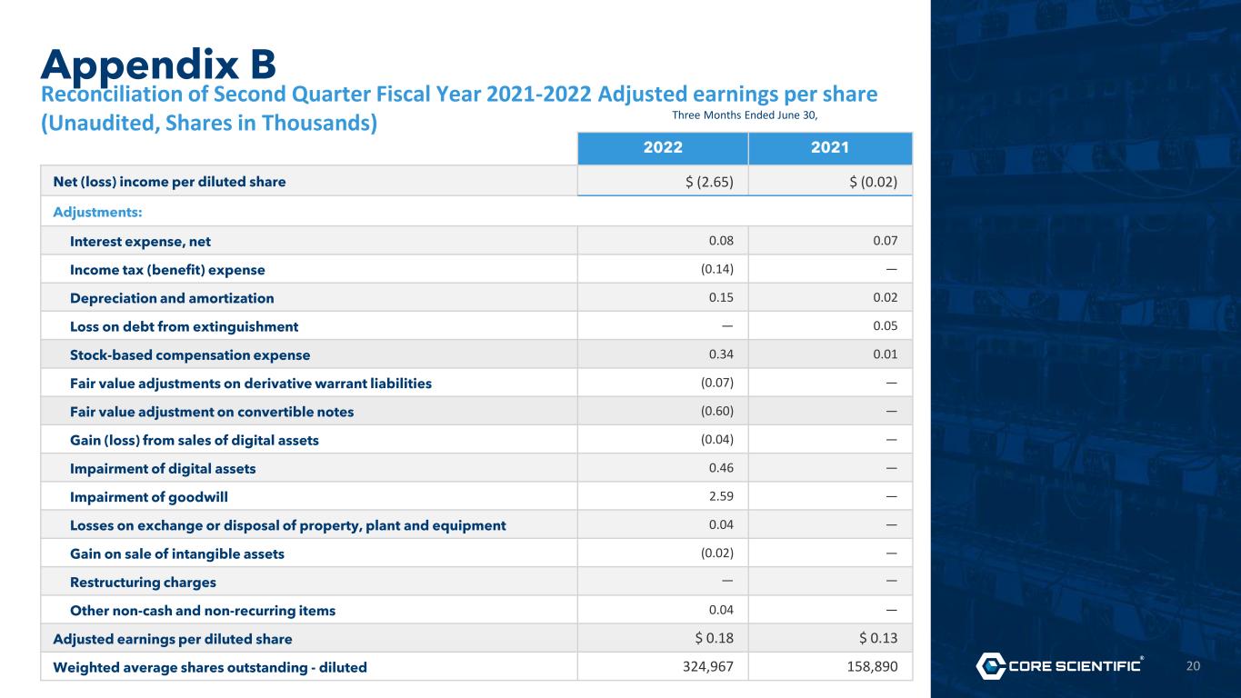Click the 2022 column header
tap(663, 147)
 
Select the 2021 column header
tap(830, 147)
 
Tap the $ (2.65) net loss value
tap(709, 182)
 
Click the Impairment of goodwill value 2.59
tap(721, 496)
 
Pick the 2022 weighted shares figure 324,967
tap(708, 666)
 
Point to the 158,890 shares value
tap(872, 666)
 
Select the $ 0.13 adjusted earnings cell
tap(878, 638)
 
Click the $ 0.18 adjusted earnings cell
tap(714, 638)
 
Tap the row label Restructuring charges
tap(143, 583)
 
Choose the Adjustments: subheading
tap(97, 212)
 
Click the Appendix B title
tap(158, 65)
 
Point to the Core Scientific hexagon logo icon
tap(991, 665)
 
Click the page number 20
tap(1193, 666)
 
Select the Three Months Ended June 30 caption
tap(745, 115)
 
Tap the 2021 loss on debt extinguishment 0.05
tap(886, 325)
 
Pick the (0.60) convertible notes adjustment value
tap(717, 411)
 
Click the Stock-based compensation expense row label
tap(190, 355)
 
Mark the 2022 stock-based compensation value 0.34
tap(721, 354)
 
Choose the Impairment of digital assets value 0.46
tap(721, 468)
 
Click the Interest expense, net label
tap(140, 242)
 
